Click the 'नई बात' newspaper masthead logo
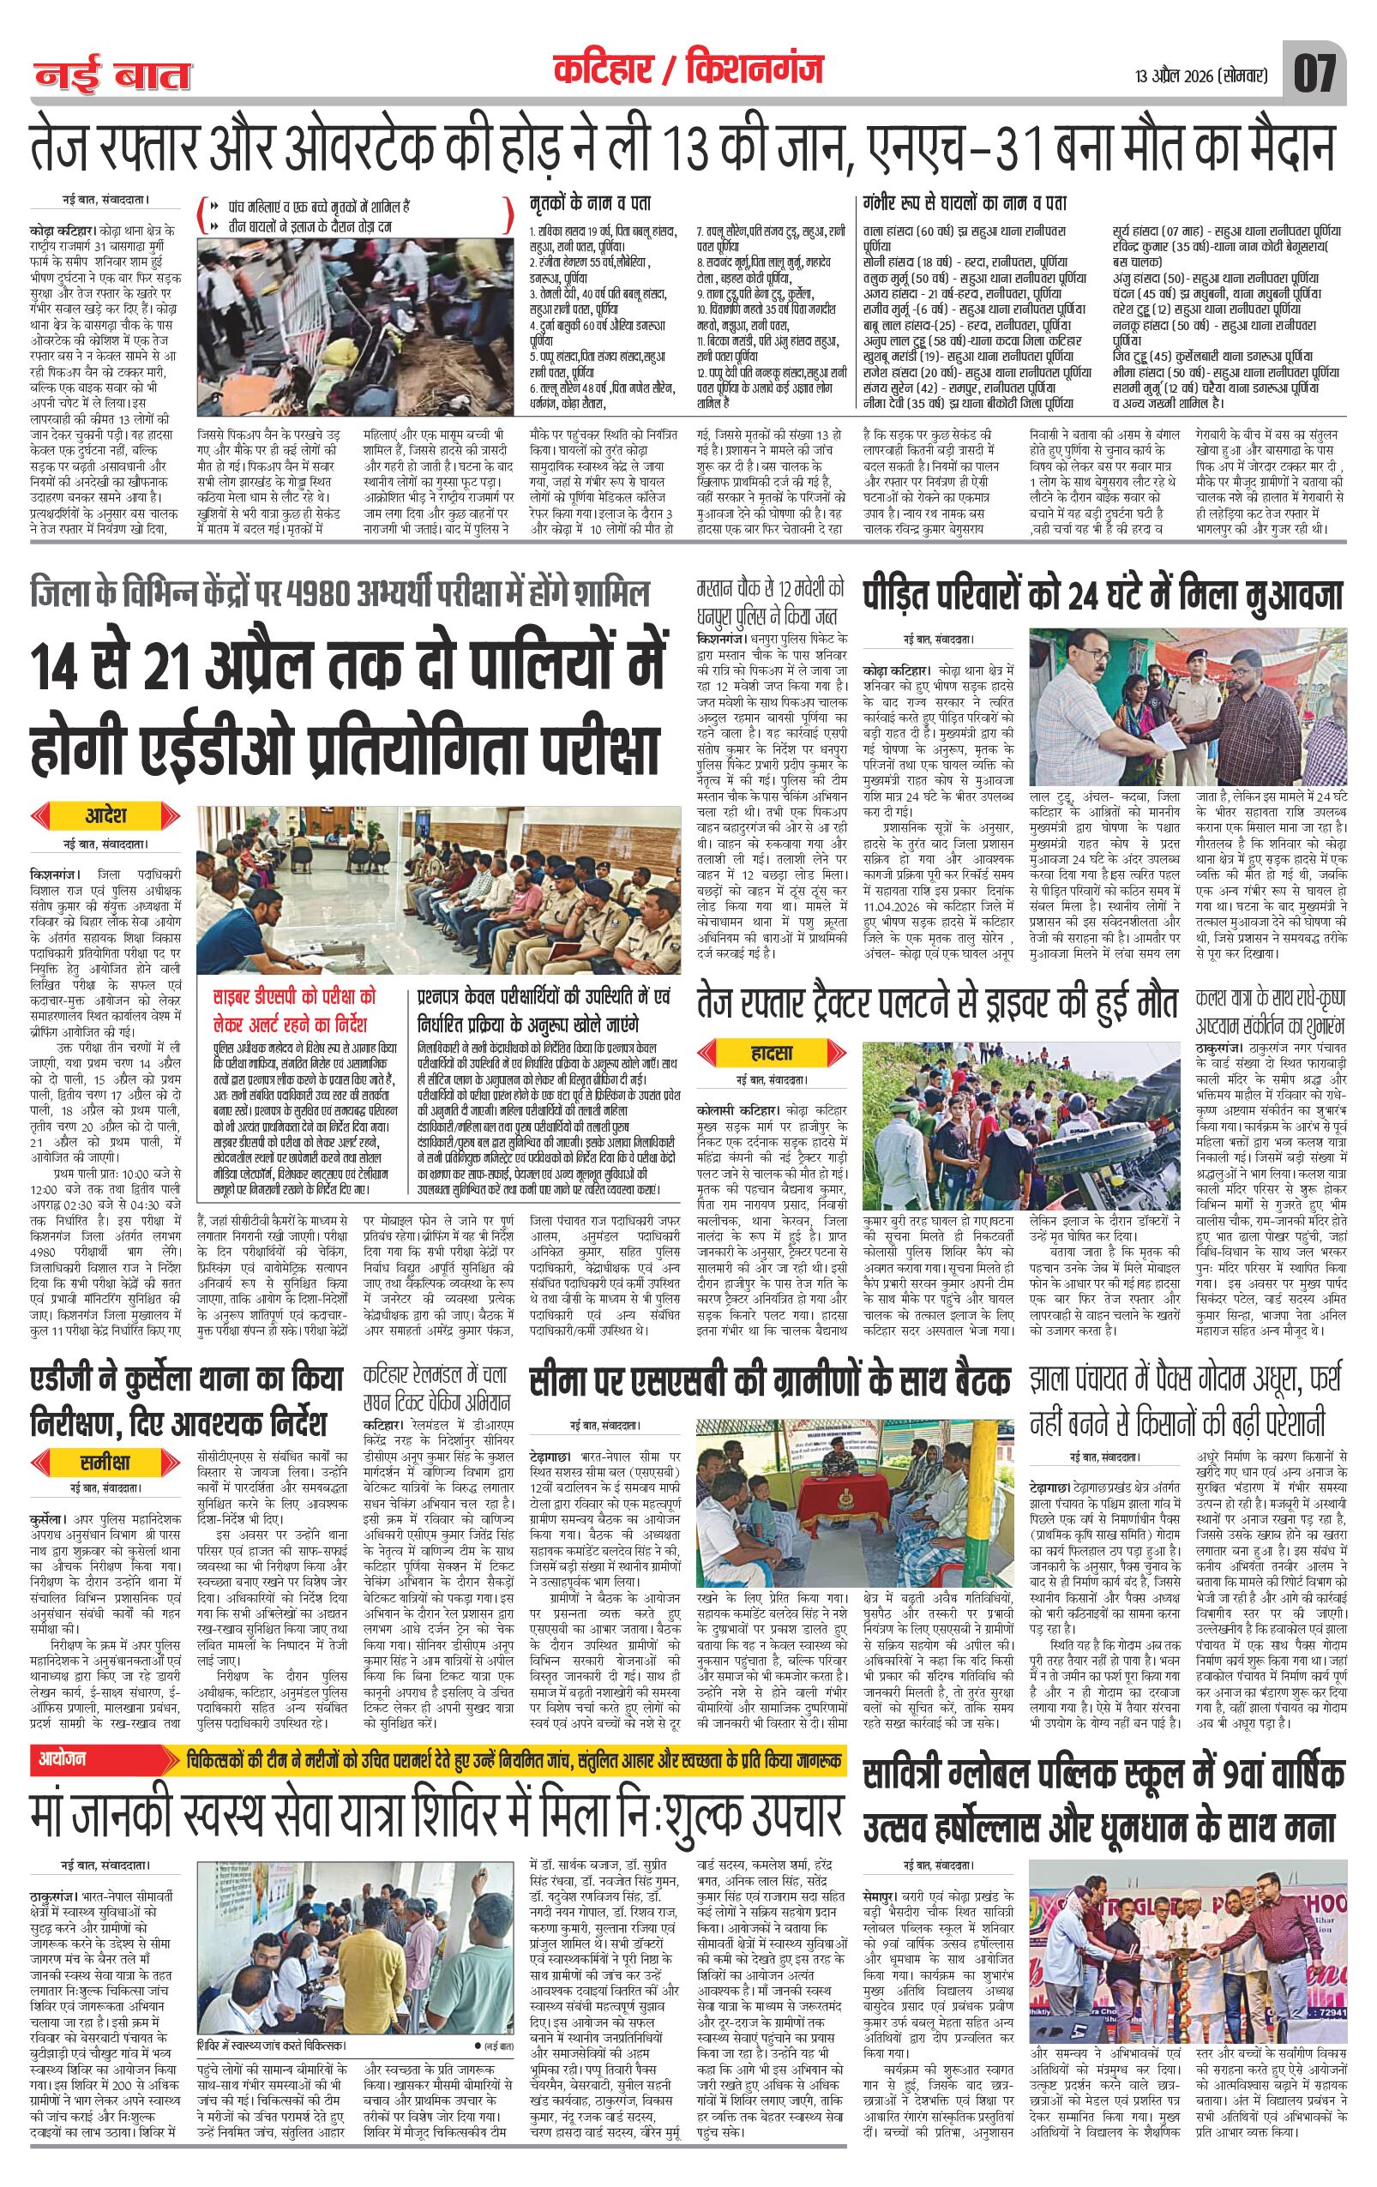pos(113,75)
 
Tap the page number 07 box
pos(1314,74)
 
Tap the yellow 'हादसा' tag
pos(772,1053)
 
